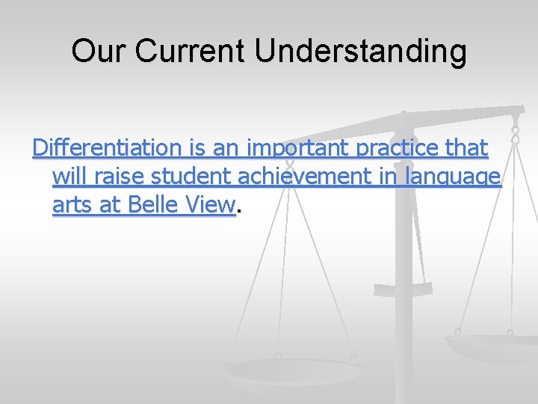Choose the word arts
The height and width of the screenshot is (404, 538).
73,204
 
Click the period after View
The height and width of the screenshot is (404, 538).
238,209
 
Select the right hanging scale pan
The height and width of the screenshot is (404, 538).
490,346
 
